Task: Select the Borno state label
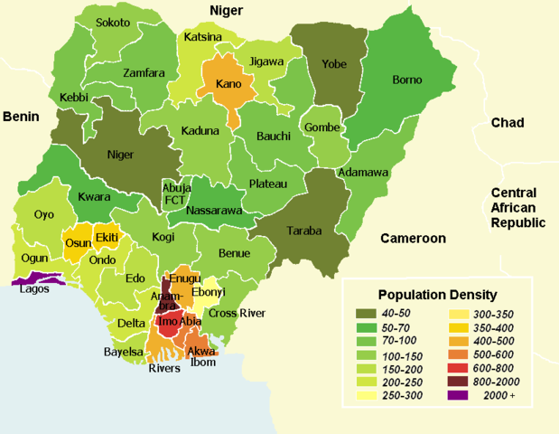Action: coord(406,80)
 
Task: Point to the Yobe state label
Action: coord(334,63)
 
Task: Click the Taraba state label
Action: coord(304,231)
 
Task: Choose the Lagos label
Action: coord(34,290)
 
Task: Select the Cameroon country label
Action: coord(413,239)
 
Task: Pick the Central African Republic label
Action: coord(519,207)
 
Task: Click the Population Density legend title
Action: coord(437,295)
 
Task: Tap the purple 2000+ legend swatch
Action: coord(461,396)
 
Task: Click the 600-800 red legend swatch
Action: coord(461,368)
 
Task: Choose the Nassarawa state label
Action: coord(215,211)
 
